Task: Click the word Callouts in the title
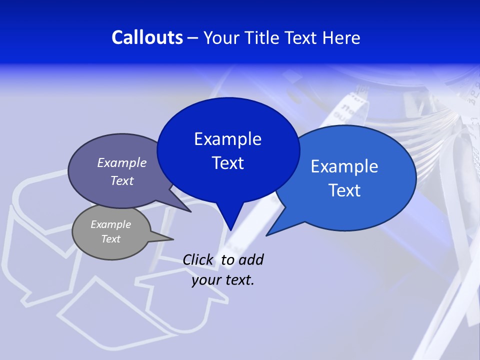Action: coord(147,37)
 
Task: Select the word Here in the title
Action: coord(342,37)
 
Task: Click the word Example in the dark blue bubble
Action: coord(227,139)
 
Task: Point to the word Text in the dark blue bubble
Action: coord(227,163)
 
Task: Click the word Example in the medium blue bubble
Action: coord(344,166)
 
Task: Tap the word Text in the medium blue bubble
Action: coord(344,190)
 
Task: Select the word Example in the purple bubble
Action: coord(122,162)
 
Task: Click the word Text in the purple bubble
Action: coord(122,180)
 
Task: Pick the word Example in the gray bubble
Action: coord(110,224)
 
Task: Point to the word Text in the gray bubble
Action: coord(110,239)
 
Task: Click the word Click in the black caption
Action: coord(197,260)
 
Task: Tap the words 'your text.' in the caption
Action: coord(222,280)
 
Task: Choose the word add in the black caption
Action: coord(251,260)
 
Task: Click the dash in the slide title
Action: coord(193,37)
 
